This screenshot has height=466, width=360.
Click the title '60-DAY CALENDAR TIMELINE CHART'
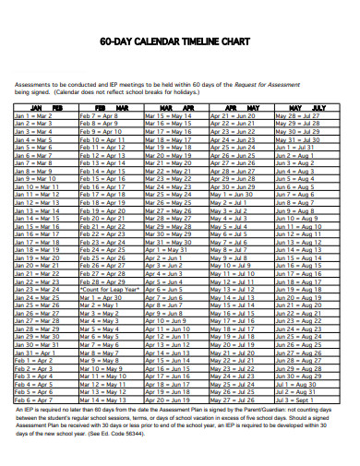(x=180, y=42)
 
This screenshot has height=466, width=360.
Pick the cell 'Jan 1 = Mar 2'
(x=33, y=115)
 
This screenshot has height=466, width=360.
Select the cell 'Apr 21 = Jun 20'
(x=233, y=115)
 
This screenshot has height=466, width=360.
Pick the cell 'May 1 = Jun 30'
(x=231, y=195)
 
